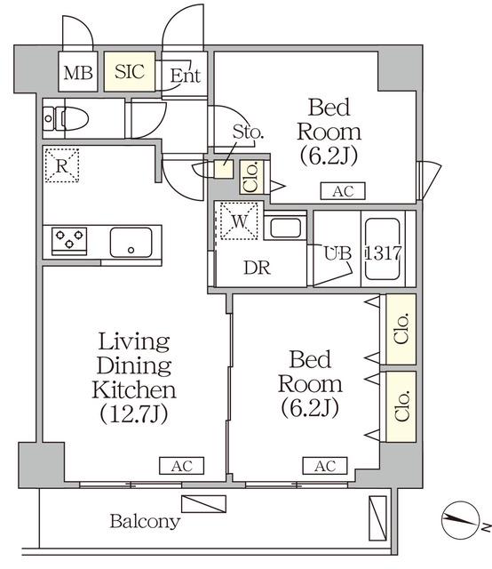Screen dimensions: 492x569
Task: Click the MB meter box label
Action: [78, 73]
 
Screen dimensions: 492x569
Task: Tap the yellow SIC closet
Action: [130, 71]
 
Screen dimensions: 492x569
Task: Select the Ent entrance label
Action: [186, 76]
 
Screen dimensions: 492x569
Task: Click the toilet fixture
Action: [66, 118]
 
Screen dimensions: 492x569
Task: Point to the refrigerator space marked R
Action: [62, 165]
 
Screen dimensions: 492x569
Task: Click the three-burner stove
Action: [69, 241]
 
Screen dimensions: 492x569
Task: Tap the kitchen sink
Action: [131, 243]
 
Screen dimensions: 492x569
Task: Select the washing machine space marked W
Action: [239, 221]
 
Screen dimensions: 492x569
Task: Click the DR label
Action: [257, 268]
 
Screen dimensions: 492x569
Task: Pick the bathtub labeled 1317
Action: [383, 249]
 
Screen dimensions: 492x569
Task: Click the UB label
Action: [337, 253]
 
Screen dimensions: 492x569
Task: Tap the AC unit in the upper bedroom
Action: [343, 191]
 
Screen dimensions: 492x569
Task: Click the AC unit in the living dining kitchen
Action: [182, 466]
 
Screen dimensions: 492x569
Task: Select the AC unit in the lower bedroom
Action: [325, 466]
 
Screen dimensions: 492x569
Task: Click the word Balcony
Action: [145, 522]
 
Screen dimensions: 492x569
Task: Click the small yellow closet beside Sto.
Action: [223, 169]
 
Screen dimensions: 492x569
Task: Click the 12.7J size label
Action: [133, 413]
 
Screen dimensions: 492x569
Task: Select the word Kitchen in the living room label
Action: [134, 389]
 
